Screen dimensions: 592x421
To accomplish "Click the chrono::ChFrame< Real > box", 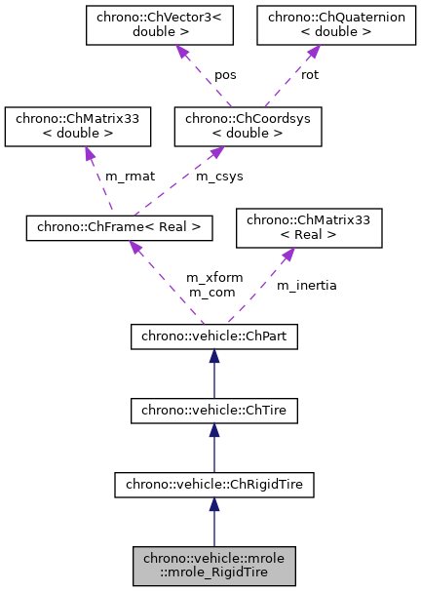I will click(119, 227).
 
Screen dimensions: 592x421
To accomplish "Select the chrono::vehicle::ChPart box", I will click(213, 336).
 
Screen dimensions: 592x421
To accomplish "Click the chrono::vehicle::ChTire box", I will click(213, 413).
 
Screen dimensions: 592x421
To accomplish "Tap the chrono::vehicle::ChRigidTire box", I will click(213, 482).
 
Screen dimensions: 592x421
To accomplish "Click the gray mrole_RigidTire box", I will click(213, 566).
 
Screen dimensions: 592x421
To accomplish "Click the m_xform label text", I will click(210, 278).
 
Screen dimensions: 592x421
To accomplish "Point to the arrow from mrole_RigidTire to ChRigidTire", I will click(213, 521).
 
